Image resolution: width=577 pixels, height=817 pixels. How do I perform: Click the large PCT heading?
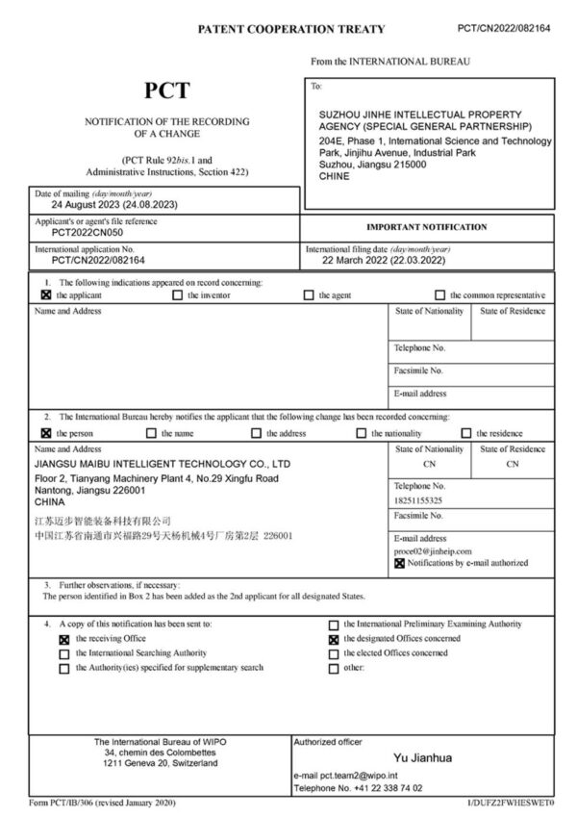click(x=166, y=91)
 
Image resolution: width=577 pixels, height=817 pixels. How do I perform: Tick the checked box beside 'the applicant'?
click(x=45, y=295)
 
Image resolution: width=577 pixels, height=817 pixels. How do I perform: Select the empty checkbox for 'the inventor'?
click(x=178, y=295)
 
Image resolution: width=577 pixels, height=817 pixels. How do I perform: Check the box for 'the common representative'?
click(x=440, y=295)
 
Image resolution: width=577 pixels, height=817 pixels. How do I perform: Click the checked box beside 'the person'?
click(x=45, y=433)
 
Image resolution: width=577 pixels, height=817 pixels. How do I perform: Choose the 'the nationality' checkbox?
click(x=362, y=433)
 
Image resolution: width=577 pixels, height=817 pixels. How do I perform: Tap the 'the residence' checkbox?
click(x=466, y=433)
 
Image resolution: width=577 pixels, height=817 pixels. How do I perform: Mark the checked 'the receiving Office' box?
click(x=63, y=638)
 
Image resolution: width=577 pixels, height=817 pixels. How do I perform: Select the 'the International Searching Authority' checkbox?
click(x=63, y=653)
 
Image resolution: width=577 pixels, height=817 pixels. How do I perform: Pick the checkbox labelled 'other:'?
click(x=334, y=669)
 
